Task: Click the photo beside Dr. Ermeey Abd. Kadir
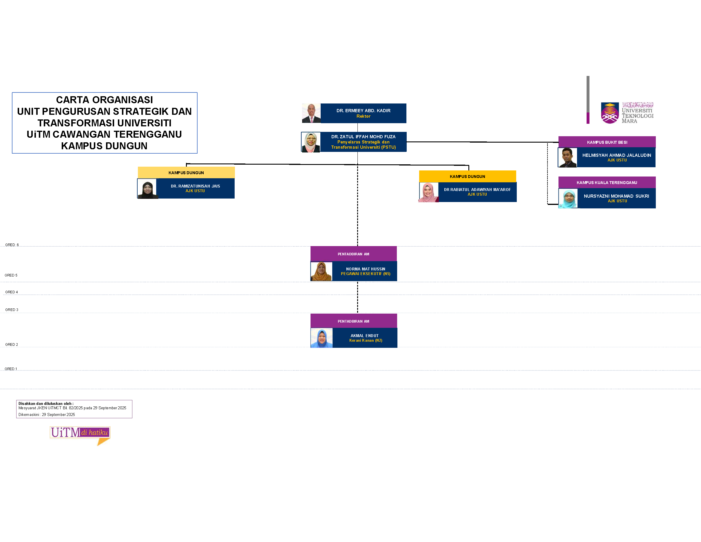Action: click(x=311, y=113)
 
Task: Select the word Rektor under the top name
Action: click(x=363, y=116)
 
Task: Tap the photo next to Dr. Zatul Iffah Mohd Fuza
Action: click(x=311, y=142)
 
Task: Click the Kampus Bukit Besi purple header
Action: click(x=607, y=142)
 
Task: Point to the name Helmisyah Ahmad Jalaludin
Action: click(x=617, y=155)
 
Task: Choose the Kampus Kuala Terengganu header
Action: click(x=607, y=182)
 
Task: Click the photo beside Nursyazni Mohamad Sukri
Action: click(x=568, y=199)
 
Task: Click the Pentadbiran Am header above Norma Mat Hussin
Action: click(x=353, y=254)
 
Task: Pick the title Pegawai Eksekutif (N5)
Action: click(x=365, y=274)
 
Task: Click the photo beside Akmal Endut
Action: click(x=321, y=338)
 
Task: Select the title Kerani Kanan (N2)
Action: click(x=366, y=340)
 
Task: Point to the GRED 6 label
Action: click(x=12, y=245)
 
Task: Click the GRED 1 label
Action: click(x=11, y=369)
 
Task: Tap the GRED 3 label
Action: click(x=12, y=310)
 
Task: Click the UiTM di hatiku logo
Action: click(x=80, y=434)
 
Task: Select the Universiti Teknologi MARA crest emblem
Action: click(x=609, y=113)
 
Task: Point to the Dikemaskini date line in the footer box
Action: click(x=47, y=414)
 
